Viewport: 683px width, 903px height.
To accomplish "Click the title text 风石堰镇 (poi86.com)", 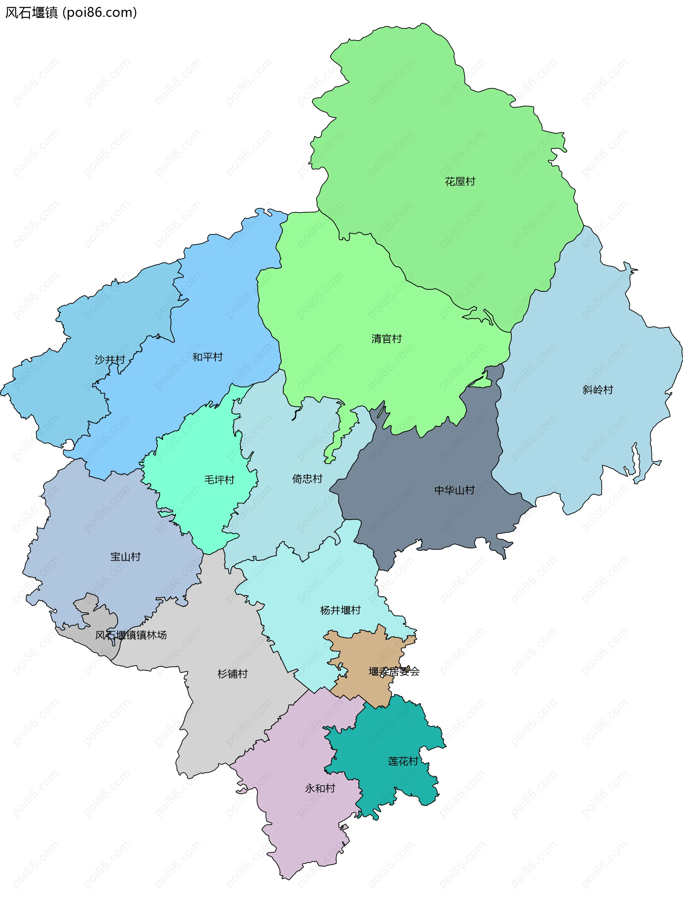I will [71, 13].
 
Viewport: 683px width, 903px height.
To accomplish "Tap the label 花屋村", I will [460, 182].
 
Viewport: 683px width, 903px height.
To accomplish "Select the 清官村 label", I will [386, 339].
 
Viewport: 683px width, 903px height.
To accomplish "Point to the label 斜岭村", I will [598, 390].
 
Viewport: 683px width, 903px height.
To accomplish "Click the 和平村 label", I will [207, 357].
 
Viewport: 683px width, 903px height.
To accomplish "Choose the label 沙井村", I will [110, 360].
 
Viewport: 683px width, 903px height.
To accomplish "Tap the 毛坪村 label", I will [219, 480].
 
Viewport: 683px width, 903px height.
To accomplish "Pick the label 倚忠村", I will [307, 479].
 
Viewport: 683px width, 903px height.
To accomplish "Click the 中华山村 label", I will [454, 490].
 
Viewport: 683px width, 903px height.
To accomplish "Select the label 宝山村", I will [125, 557].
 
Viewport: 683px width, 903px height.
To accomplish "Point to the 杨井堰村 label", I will [340, 610].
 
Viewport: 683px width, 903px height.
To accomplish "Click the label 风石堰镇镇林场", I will [131, 635].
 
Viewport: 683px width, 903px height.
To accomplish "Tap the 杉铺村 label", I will [232, 674].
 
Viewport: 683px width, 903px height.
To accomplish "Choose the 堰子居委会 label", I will [394, 671].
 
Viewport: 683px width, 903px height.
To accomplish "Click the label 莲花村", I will [403, 761].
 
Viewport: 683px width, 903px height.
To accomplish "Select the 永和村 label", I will [320, 788].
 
